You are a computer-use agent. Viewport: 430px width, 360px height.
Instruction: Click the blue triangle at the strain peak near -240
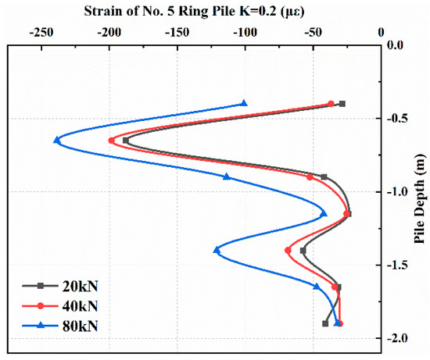[x=56, y=140]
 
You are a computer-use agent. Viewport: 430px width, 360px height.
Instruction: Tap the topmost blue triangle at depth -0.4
[x=244, y=103]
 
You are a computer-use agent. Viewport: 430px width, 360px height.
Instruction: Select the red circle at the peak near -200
[x=112, y=140]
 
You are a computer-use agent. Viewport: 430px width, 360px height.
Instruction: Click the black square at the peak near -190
[x=125, y=140]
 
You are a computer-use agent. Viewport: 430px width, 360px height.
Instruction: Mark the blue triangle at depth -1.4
[x=217, y=250]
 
